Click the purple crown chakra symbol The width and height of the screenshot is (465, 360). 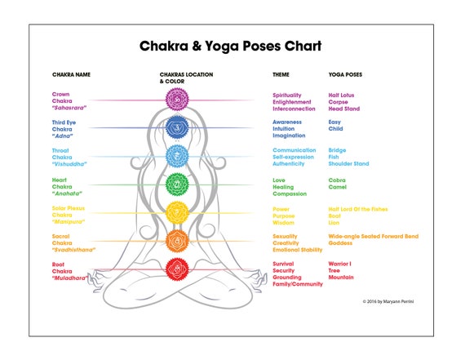[177, 100]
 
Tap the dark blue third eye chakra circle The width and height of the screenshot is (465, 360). [177, 127]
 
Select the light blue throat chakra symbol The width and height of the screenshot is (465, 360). [177, 156]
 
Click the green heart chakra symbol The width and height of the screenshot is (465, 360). [177, 184]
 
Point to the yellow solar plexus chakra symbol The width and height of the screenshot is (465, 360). [177, 212]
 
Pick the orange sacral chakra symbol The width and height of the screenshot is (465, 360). [177, 241]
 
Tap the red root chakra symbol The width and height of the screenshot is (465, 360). [177, 269]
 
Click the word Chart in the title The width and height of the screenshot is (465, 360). [303, 46]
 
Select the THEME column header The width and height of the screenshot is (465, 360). [281, 74]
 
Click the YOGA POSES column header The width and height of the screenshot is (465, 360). [345, 74]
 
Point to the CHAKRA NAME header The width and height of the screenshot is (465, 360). [71, 74]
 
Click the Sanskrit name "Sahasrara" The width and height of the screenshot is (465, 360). [69, 108]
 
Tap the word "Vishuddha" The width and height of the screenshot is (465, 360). [69, 164]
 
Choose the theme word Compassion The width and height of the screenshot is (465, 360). [290, 193]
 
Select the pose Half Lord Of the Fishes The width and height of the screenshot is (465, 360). [358, 209]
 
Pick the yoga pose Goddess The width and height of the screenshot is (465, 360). [340, 242]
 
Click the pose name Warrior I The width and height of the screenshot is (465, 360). [339, 264]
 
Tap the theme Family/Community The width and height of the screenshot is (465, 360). [298, 284]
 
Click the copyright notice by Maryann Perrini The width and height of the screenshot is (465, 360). [388, 301]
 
